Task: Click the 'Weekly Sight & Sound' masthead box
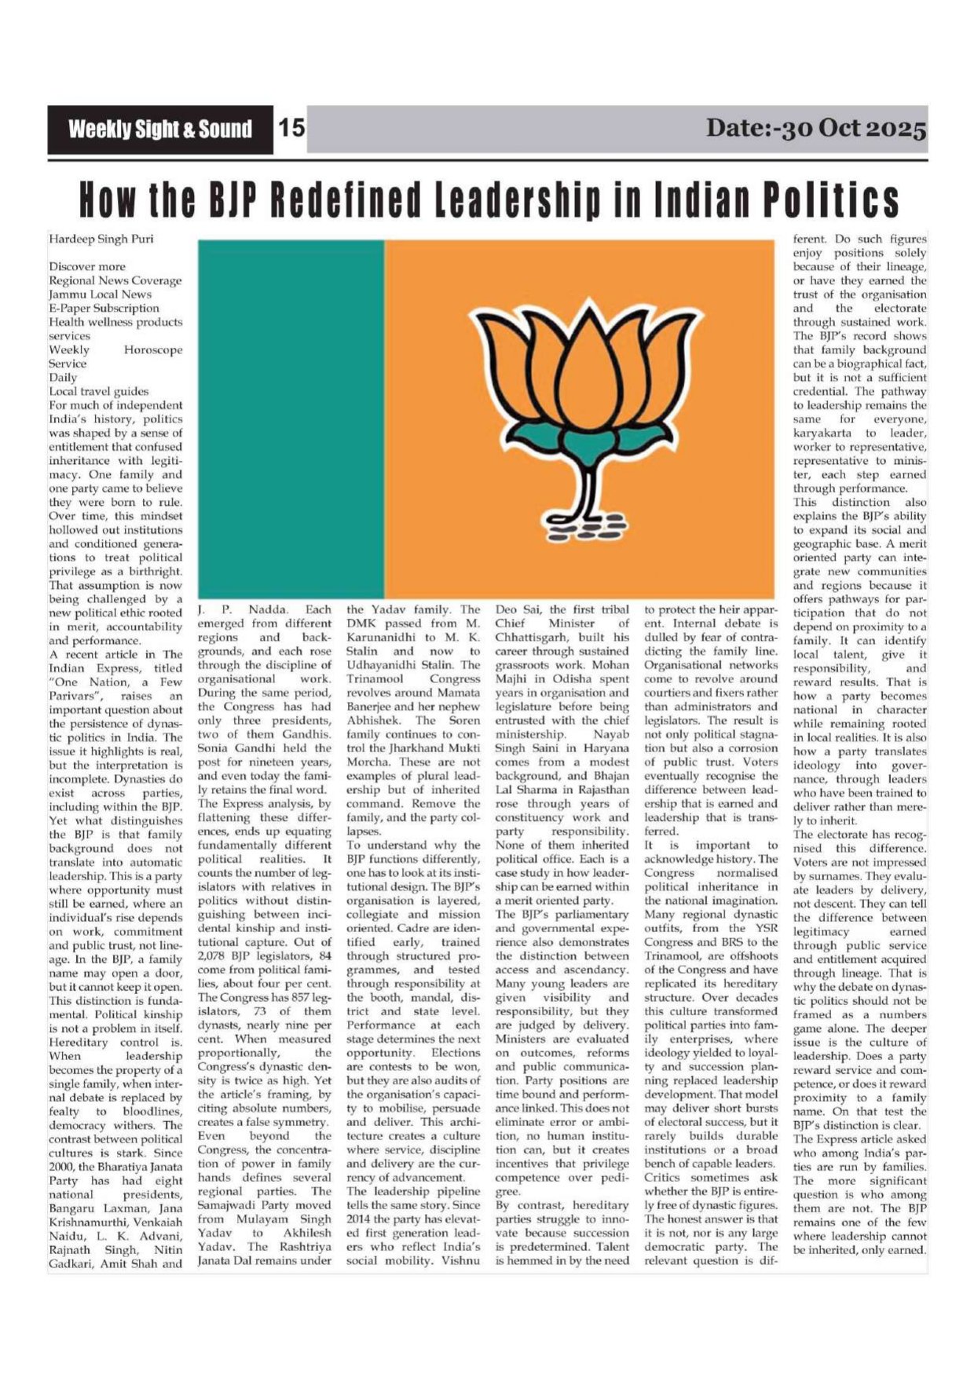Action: [160, 130]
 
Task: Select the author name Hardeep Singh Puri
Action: [101, 239]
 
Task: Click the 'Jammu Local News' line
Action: [101, 294]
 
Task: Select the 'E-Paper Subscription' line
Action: [104, 309]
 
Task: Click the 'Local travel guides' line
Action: [99, 391]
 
